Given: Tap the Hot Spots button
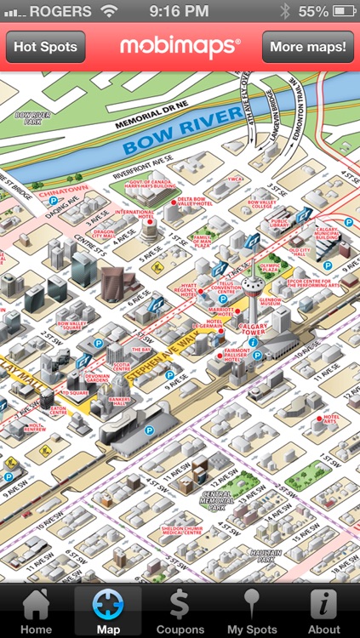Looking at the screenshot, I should (x=45, y=47).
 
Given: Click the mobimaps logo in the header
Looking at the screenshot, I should (x=180, y=47).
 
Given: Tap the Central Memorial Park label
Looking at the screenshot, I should (x=219, y=500).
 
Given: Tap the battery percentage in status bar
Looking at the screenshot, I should (x=312, y=12).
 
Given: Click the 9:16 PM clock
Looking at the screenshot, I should (x=179, y=12).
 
